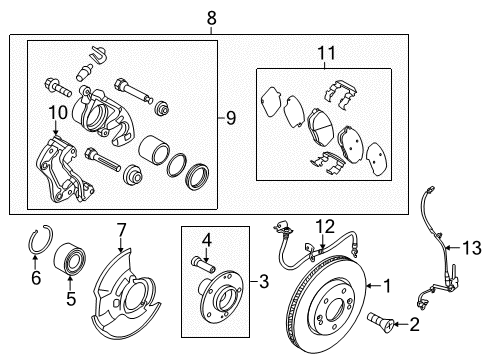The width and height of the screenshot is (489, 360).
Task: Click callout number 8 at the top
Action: click(210, 17)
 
